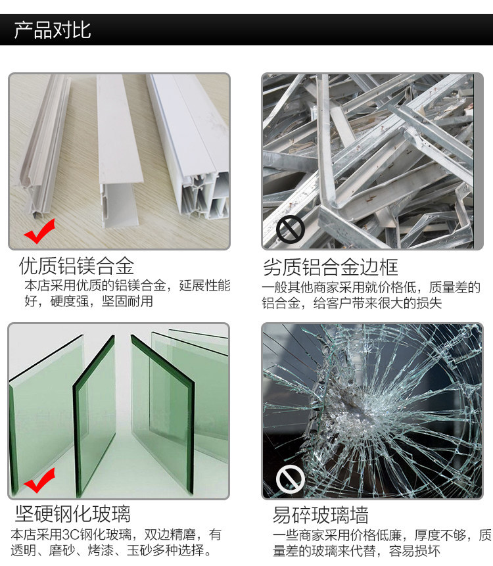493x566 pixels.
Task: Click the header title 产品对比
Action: (x=53, y=30)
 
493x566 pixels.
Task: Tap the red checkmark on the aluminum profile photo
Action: (x=39, y=231)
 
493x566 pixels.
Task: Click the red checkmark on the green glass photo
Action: (x=39, y=481)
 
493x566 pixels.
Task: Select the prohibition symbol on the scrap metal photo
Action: (x=290, y=229)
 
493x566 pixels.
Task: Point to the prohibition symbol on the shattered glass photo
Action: (x=290, y=479)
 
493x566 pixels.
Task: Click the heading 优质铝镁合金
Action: (x=76, y=266)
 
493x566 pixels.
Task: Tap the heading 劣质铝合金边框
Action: (x=331, y=267)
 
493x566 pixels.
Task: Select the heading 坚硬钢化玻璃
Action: (x=72, y=513)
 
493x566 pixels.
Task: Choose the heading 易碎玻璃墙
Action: (x=321, y=515)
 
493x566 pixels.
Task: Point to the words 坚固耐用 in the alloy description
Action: (x=128, y=301)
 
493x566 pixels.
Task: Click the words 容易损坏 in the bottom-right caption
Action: (x=415, y=551)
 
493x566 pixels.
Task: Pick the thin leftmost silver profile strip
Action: (x=45, y=145)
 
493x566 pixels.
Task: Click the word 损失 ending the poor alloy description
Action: (x=429, y=303)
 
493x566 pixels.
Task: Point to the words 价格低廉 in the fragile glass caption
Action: (x=376, y=535)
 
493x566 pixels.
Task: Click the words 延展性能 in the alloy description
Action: (x=204, y=285)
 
